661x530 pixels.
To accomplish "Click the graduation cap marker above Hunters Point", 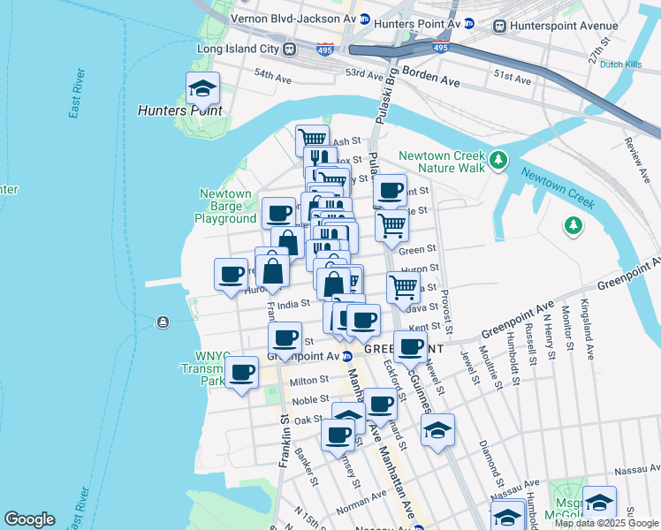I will pos(202,88).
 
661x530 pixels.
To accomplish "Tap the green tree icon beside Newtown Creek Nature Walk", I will pos(499,160).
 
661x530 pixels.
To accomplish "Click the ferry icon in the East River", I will pos(163,322).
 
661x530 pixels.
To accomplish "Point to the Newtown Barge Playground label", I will pos(226,206).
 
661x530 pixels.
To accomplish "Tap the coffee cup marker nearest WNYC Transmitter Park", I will pos(241,371).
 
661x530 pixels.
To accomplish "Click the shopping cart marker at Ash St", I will pos(312,140).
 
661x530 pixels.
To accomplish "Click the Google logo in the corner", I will pos(29,519).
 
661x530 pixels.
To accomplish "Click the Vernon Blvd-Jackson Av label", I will pos(293,18).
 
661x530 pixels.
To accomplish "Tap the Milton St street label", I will pos(309,381).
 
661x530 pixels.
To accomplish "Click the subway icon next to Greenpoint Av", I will pos(347,356).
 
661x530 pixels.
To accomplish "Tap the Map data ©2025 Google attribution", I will pos(606,523).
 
